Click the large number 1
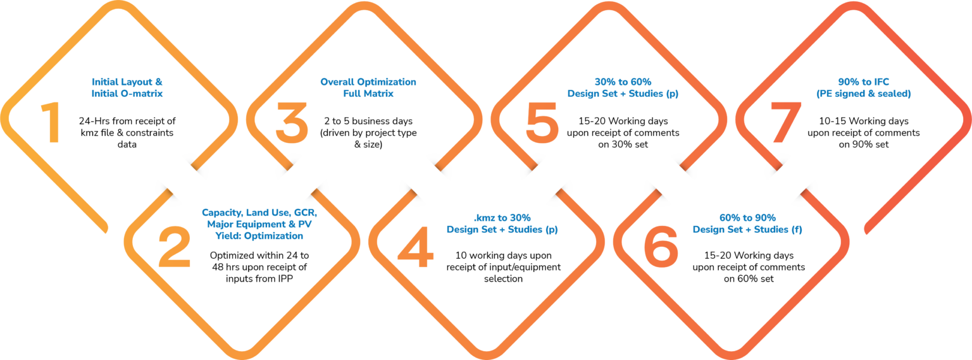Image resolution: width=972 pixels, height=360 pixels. click(51, 123)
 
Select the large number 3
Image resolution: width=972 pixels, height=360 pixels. click(292, 123)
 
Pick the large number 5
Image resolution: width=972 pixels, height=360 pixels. click(542, 123)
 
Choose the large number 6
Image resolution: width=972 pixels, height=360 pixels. click(661, 248)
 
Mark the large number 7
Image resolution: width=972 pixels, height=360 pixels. click(781, 123)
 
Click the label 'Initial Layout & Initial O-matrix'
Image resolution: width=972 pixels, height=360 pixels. click(128, 88)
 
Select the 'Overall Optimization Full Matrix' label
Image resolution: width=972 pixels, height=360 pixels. click(368, 88)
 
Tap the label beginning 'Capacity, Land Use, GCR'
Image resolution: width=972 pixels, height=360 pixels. click(259, 224)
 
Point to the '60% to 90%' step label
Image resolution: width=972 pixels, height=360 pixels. click(747, 224)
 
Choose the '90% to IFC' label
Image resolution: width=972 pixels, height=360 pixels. click(863, 88)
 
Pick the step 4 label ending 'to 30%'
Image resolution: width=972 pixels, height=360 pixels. click(502, 224)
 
